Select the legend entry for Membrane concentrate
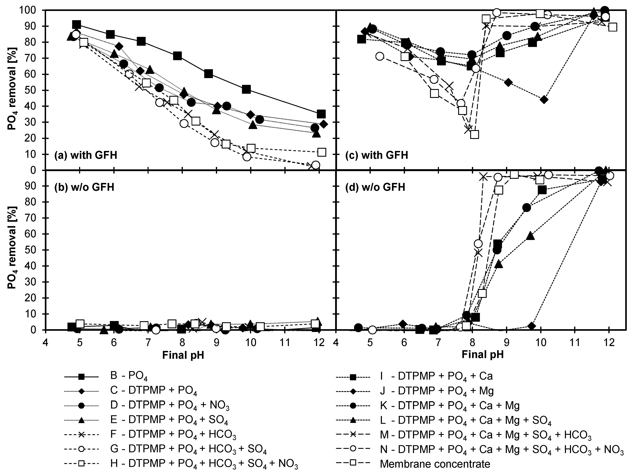coord(435,464)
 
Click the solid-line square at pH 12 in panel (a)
coord(321,114)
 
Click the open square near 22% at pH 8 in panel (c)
coord(474,134)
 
